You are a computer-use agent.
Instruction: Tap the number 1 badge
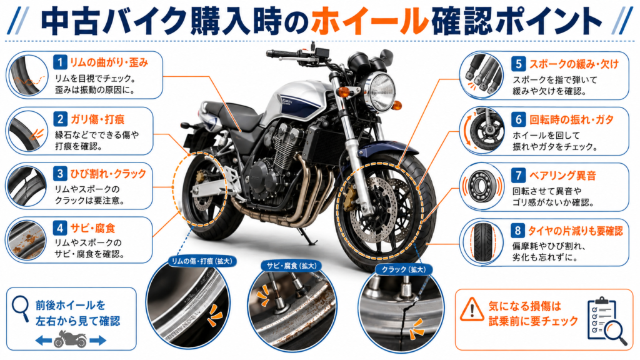pyautogui.click(x=60, y=62)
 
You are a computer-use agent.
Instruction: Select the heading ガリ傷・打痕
pyautogui.click(x=97, y=119)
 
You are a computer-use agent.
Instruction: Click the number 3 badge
pyautogui.click(x=60, y=174)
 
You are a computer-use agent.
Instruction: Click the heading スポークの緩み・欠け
pyautogui.click(x=574, y=64)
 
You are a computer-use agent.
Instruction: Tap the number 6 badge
pyautogui.click(x=518, y=119)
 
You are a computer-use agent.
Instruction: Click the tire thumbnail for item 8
pyautogui.click(x=483, y=242)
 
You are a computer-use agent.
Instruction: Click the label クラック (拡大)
pyautogui.click(x=403, y=269)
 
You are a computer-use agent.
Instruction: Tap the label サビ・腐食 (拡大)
pyautogui.click(x=291, y=266)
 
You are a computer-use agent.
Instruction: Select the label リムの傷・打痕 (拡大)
pyautogui.click(x=202, y=261)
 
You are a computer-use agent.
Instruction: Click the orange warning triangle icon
pyautogui.click(x=472, y=309)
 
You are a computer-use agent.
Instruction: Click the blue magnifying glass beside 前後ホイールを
pyautogui.click(x=21, y=309)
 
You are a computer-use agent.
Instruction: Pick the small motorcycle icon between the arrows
pyautogui.click(x=71, y=339)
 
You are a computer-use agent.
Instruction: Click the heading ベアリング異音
pyautogui.click(x=563, y=176)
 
